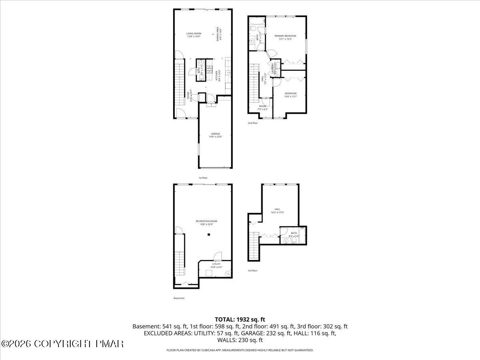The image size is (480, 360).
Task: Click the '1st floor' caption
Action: coord(203,178)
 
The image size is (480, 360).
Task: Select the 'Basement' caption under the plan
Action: coord(179,298)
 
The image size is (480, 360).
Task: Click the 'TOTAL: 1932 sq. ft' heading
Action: coord(240,319)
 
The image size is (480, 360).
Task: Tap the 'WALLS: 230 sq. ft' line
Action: coord(240,340)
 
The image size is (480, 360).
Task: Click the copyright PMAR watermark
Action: coord(62,344)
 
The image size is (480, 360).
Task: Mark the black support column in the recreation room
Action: coord(208,235)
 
